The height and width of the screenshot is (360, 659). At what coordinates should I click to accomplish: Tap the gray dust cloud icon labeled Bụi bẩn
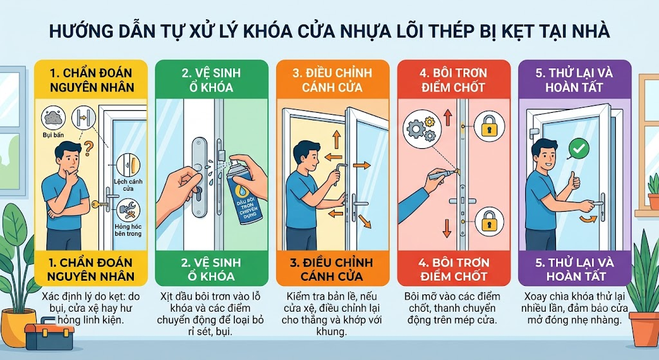click(53, 117)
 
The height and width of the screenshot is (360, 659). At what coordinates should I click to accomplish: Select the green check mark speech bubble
click(579, 149)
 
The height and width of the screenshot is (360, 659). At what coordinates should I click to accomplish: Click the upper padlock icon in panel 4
click(488, 126)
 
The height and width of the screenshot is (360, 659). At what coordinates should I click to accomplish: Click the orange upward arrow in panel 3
click(336, 140)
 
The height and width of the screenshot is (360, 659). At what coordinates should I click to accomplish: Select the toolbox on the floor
click(49, 336)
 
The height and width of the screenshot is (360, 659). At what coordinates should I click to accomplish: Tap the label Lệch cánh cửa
click(128, 185)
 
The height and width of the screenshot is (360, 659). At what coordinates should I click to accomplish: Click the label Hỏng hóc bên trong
click(128, 230)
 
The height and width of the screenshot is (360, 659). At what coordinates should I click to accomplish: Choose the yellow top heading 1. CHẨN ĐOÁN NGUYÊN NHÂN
click(91, 80)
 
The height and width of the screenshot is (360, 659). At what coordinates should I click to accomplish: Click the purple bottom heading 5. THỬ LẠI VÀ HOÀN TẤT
click(575, 269)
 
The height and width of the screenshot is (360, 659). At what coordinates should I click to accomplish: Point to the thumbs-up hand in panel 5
click(573, 182)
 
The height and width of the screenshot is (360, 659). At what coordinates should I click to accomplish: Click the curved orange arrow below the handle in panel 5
click(588, 219)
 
